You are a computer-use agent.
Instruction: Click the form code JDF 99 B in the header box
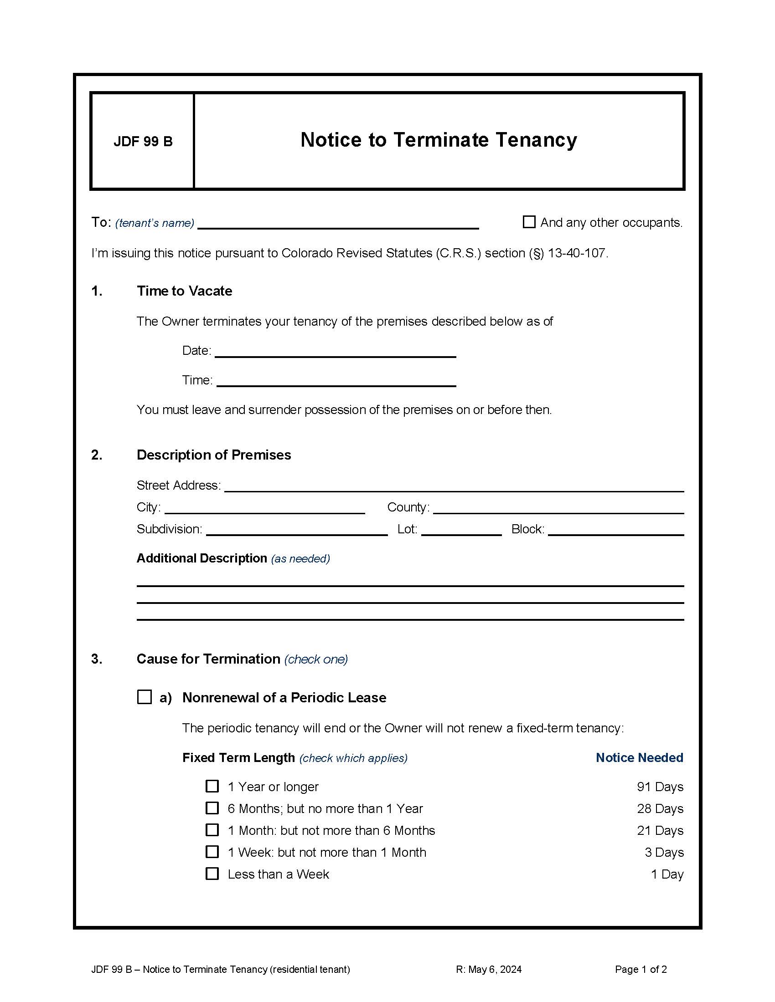tap(143, 141)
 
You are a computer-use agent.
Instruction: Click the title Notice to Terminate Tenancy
tap(439, 140)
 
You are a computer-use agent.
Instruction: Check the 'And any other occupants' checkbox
tap(529, 222)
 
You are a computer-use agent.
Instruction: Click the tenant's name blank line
tap(338, 224)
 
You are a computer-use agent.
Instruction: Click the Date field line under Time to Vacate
tap(335, 352)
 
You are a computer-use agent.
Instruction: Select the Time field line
tap(336, 381)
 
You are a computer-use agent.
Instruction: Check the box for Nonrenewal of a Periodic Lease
tap(145, 697)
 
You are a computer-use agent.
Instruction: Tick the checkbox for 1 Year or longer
tap(212, 786)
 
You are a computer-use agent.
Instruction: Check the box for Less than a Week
tap(212, 874)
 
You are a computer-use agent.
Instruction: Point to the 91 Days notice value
tap(660, 787)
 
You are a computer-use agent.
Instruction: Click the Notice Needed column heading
tap(639, 757)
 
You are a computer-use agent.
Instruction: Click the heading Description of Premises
tap(213, 455)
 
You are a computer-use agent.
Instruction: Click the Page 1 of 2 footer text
tap(641, 969)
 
